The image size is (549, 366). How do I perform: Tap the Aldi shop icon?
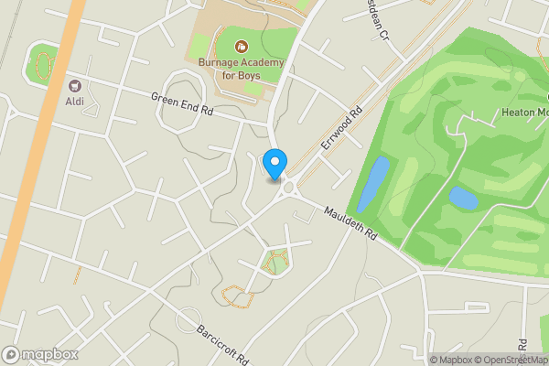tap(74, 84)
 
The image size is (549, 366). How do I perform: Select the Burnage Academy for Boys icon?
tap(242, 46)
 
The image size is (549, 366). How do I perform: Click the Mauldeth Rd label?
tap(350, 222)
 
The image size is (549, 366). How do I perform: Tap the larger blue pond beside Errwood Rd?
tap(372, 183)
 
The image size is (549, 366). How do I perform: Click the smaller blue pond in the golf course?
tap(463, 198)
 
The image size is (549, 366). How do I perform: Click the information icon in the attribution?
tap(434, 360)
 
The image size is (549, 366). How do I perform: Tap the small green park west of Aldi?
tap(42, 64)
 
